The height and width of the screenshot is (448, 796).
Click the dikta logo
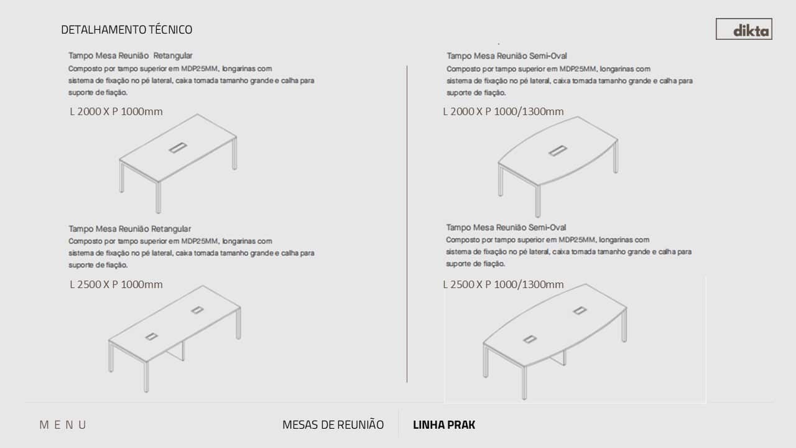click(x=744, y=29)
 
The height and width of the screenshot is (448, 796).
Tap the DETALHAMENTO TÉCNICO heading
click(x=126, y=29)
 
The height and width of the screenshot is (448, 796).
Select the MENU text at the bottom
click(x=63, y=425)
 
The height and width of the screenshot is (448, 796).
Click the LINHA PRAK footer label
click(x=444, y=425)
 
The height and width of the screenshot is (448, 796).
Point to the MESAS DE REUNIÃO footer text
click(x=333, y=424)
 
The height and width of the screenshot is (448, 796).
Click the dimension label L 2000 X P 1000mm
click(x=116, y=111)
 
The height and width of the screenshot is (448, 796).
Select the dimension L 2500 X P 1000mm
click(x=116, y=284)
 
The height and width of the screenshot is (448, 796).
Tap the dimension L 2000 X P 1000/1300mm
click(x=503, y=111)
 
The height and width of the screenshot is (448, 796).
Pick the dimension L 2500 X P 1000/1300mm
click(x=503, y=284)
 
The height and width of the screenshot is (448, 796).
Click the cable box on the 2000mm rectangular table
click(x=178, y=147)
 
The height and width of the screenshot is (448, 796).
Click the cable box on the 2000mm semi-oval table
click(x=558, y=151)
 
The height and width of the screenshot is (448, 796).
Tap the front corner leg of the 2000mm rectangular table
click(x=159, y=197)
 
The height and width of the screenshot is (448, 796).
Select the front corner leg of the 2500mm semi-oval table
click(x=524, y=383)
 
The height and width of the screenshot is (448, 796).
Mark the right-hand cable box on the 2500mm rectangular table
click(x=197, y=310)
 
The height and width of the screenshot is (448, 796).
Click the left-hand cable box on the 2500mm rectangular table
click(x=151, y=337)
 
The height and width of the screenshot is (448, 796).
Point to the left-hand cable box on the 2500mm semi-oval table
click(x=530, y=339)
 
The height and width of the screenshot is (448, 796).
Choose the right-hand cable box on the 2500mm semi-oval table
click(x=580, y=310)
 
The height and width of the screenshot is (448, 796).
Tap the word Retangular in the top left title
click(x=173, y=55)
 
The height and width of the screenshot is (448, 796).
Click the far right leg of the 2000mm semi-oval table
click(x=616, y=157)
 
